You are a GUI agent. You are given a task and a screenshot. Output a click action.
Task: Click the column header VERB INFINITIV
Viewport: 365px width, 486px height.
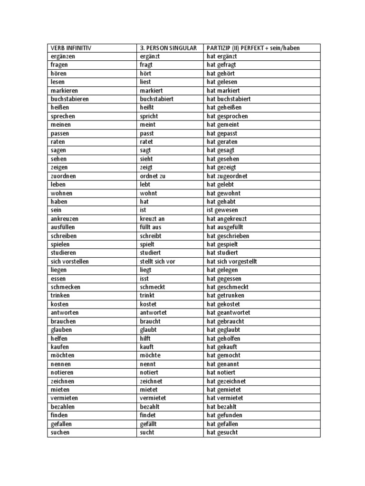tap(71, 48)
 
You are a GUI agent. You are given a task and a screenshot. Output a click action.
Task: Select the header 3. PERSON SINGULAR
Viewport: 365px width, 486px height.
tap(168, 48)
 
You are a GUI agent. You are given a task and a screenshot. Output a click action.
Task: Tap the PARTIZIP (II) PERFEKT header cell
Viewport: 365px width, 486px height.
tap(253, 48)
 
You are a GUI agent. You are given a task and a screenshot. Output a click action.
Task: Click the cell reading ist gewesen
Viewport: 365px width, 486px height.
tap(222, 210)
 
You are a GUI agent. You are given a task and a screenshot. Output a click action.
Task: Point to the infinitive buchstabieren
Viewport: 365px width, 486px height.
tap(70, 99)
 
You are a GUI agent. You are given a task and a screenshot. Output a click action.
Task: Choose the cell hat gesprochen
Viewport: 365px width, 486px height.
tap(227, 116)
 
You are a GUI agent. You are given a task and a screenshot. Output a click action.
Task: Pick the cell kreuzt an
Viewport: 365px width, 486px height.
tap(153, 219)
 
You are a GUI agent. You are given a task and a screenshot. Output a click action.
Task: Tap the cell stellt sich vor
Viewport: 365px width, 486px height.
tap(158, 262)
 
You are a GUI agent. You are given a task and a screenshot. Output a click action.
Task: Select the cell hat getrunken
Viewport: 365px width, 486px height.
tap(225, 296)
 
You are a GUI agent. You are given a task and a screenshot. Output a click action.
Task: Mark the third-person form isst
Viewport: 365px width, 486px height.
tap(144, 279)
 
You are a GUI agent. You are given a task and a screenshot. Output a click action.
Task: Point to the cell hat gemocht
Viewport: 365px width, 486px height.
tap(223, 355)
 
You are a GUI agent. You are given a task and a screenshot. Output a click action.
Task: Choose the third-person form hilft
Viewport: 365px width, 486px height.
tap(145, 338)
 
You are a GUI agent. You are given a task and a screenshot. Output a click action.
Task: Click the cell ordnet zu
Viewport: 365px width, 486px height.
tap(153, 176)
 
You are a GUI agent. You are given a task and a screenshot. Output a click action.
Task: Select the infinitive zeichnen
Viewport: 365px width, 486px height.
tap(63, 381)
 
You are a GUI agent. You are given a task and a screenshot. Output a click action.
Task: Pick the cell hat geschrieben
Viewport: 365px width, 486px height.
tap(228, 236)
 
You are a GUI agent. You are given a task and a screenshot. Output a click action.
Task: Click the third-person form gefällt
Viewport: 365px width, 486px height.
tap(148, 424)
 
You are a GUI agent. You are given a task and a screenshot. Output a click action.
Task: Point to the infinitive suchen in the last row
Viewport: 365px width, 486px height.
tap(60, 432)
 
